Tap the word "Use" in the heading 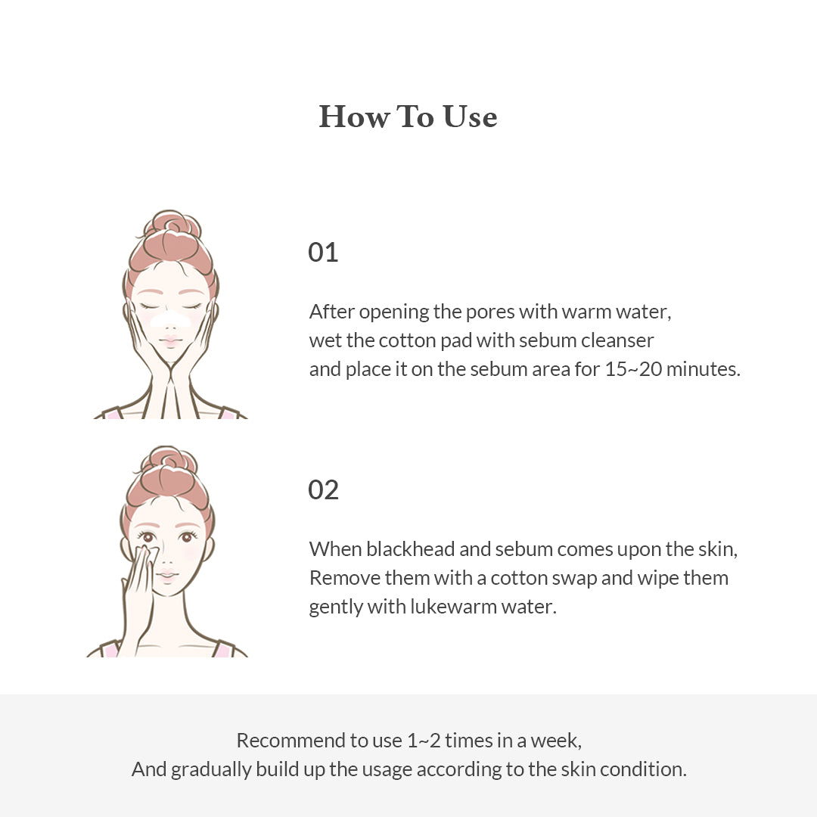[470, 116]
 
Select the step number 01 [323, 252]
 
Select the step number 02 [323, 489]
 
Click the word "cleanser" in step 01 [617, 340]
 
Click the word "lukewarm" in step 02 [452, 607]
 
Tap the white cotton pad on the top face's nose [171, 319]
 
